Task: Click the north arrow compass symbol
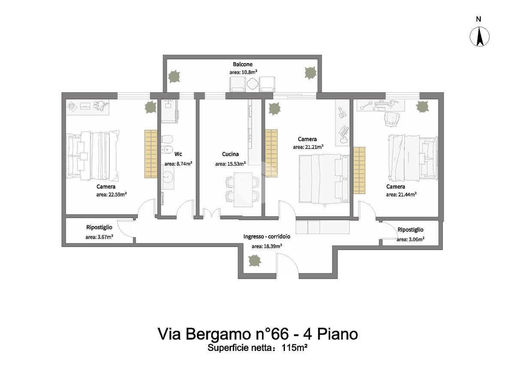point(480,36)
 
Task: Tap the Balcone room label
point(242,64)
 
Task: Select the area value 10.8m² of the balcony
point(249,72)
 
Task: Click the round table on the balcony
point(252,84)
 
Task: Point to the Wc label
point(178,154)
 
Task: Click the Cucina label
point(230,154)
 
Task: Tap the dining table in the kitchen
point(243,190)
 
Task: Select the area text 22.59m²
point(118,195)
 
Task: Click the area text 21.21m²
point(314,147)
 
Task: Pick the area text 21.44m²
point(407,195)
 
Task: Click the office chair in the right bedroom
point(391,119)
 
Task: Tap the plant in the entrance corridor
point(255,261)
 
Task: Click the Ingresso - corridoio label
point(267,237)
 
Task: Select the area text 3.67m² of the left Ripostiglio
point(105,237)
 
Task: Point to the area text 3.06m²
point(416,240)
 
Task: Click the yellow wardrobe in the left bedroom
point(151,154)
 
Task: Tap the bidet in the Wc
point(167,150)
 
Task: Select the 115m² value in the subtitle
point(294,348)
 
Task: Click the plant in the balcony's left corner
point(174,76)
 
